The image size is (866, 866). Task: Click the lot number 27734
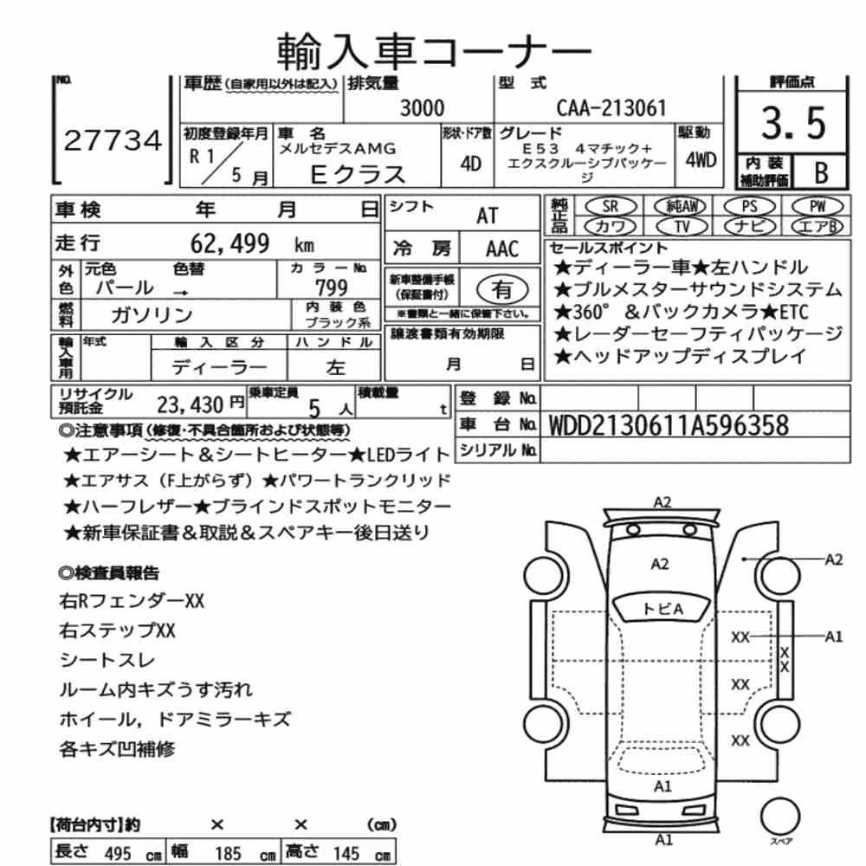[113, 141]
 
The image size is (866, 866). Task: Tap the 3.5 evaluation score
[793, 123]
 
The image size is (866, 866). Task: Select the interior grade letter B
[821, 173]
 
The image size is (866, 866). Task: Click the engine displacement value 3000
[422, 107]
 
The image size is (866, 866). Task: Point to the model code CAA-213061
[611, 107]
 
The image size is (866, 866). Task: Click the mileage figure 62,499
[229, 243]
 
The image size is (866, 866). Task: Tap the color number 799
[332, 288]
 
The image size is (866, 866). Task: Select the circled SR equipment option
[611, 207]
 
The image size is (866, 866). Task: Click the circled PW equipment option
[818, 207]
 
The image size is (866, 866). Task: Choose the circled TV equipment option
[682, 226]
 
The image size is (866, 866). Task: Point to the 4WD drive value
[701, 160]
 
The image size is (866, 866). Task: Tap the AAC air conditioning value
[502, 249]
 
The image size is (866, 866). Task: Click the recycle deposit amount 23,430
[190, 405]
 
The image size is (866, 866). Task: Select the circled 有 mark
[501, 289]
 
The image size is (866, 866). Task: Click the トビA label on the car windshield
[662, 609]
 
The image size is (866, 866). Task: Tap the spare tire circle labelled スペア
[780, 817]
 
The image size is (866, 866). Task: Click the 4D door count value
[470, 164]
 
